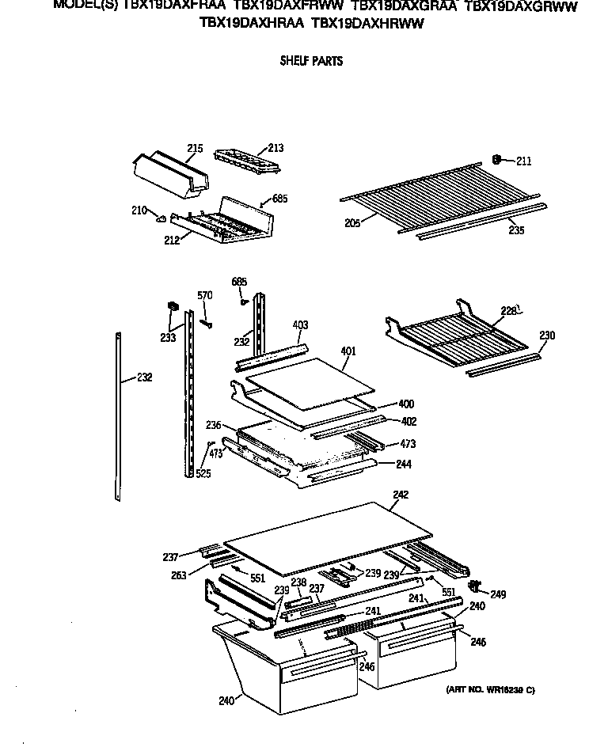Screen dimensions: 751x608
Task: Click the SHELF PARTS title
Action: [x=311, y=61]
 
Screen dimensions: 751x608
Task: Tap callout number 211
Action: [x=523, y=161]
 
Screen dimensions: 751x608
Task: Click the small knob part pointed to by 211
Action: [x=496, y=159]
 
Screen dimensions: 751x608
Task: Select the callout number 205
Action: [x=352, y=224]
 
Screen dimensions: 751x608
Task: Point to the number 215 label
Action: [x=196, y=149]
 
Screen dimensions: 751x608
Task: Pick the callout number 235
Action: [x=516, y=230]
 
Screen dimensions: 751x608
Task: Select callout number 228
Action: [x=507, y=311]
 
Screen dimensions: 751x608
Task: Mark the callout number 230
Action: [x=547, y=336]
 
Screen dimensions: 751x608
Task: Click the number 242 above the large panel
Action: [x=401, y=495]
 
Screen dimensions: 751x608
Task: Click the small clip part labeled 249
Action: [x=476, y=586]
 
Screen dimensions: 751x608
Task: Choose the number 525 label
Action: [x=203, y=474]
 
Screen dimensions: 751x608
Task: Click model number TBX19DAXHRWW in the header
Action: [x=368, y=24]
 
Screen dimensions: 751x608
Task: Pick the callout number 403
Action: [x=300, y=324]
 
